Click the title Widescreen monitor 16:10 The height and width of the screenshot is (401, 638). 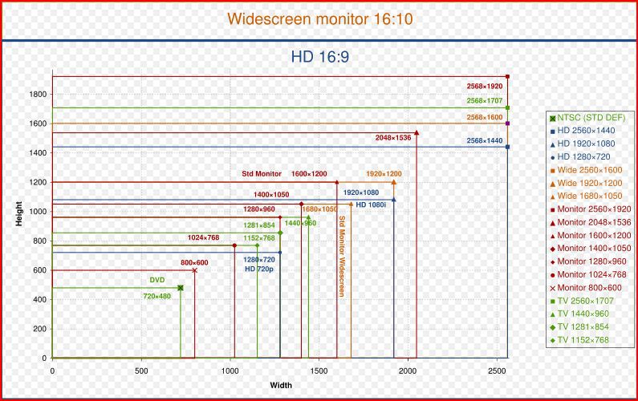[x=319, y=18]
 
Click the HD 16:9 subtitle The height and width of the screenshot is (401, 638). [x=319, y=57]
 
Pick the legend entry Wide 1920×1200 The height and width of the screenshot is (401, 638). [x=590, y=183]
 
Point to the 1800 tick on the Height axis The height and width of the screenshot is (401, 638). [x=37, y=94]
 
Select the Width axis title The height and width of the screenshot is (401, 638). [x=281, y=386]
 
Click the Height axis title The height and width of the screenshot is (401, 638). [x=18, y=213]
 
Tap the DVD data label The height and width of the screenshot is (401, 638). [x=157, y=280]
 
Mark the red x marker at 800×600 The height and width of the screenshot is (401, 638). [x=194, y=270]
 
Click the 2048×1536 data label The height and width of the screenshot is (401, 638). [x=393, y=138]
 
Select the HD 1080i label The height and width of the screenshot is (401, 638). [x=372, y=205]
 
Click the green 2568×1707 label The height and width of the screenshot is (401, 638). [x=484, y=101]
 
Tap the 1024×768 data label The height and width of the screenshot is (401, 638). [x=203, y=237]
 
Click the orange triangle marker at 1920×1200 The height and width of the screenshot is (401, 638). [x=393, y=182]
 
